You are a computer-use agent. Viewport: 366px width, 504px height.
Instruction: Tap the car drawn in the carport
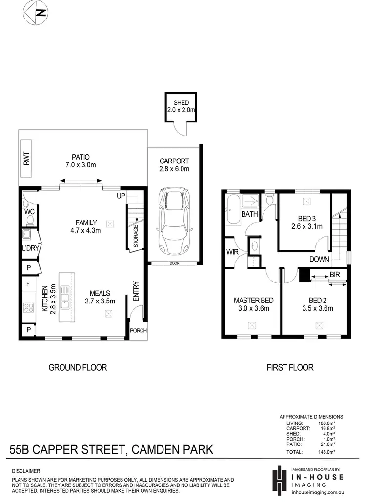[174, 220]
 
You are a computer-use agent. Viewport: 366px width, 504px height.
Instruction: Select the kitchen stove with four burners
[28, 308]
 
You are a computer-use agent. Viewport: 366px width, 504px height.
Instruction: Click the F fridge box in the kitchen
[28, 283]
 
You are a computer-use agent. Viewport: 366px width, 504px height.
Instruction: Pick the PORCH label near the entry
[138, 330]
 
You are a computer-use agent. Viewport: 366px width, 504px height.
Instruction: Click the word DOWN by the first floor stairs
[319, 259]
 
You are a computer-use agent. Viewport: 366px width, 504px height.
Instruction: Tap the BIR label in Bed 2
[334, 275]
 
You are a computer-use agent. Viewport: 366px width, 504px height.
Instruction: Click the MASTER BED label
[253, 300]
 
